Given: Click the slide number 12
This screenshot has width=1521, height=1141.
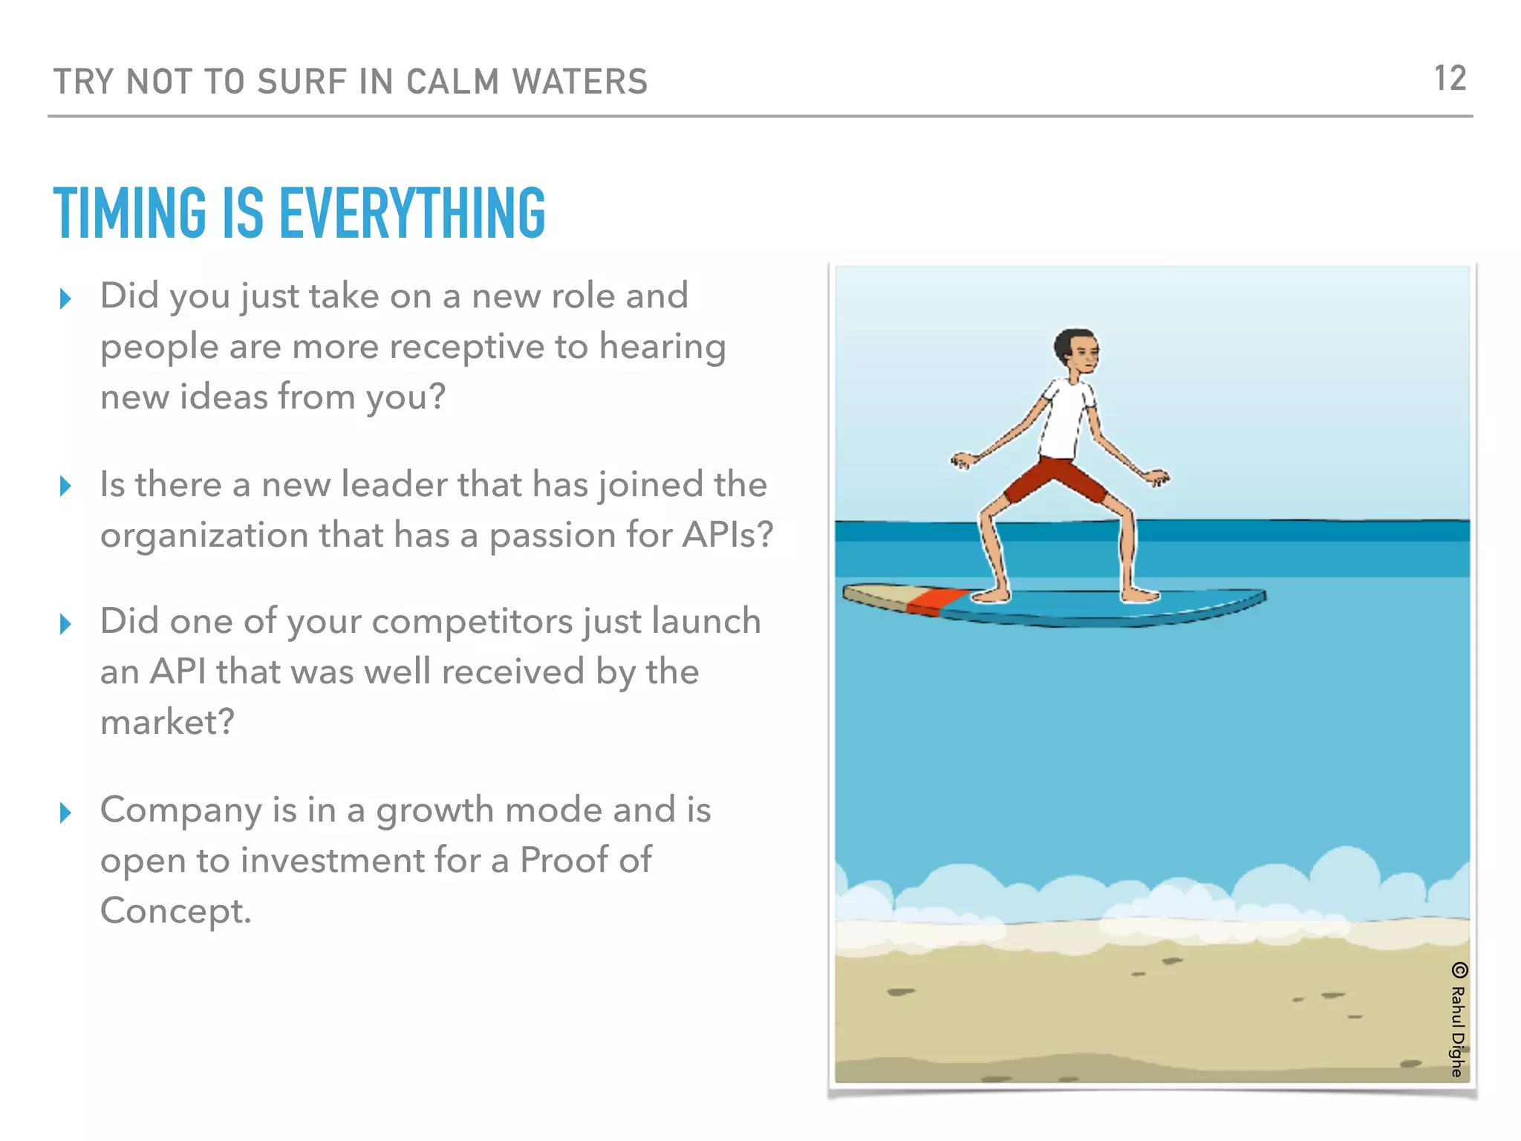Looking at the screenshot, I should (1450, 79).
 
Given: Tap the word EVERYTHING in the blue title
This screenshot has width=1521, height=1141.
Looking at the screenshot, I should (412, 213).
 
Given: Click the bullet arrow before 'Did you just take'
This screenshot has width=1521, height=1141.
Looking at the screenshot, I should (65, 299).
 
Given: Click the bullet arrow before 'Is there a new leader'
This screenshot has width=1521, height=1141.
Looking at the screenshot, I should (65, 487).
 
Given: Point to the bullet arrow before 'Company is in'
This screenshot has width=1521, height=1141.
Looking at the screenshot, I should (65, 812).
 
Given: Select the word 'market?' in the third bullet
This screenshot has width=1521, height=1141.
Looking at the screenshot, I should (167, 722).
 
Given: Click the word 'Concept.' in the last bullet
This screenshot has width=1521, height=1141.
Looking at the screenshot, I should (176, 911).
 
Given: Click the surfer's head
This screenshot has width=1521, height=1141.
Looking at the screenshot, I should (1076, 353).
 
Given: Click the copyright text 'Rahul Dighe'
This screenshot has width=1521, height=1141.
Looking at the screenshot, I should (1458, 1029).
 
